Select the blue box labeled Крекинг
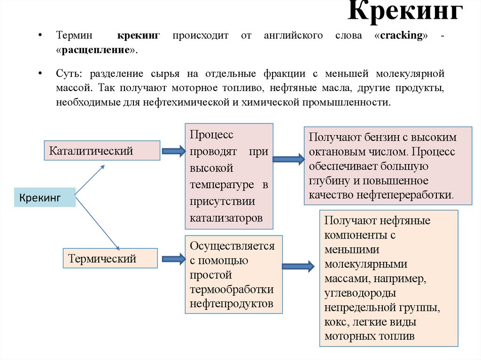tap(45, 198)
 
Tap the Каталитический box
tap(102, 151)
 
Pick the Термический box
tap(110, 258)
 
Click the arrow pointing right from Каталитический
tap(173, 151)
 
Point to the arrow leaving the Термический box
tap(173, 258)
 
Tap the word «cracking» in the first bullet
tap(402, 36)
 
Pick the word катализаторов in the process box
tap(226, 218)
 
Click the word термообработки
tap(232, 289)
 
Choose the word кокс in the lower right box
tap(335, 322)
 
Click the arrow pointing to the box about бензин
tap(288, 159)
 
